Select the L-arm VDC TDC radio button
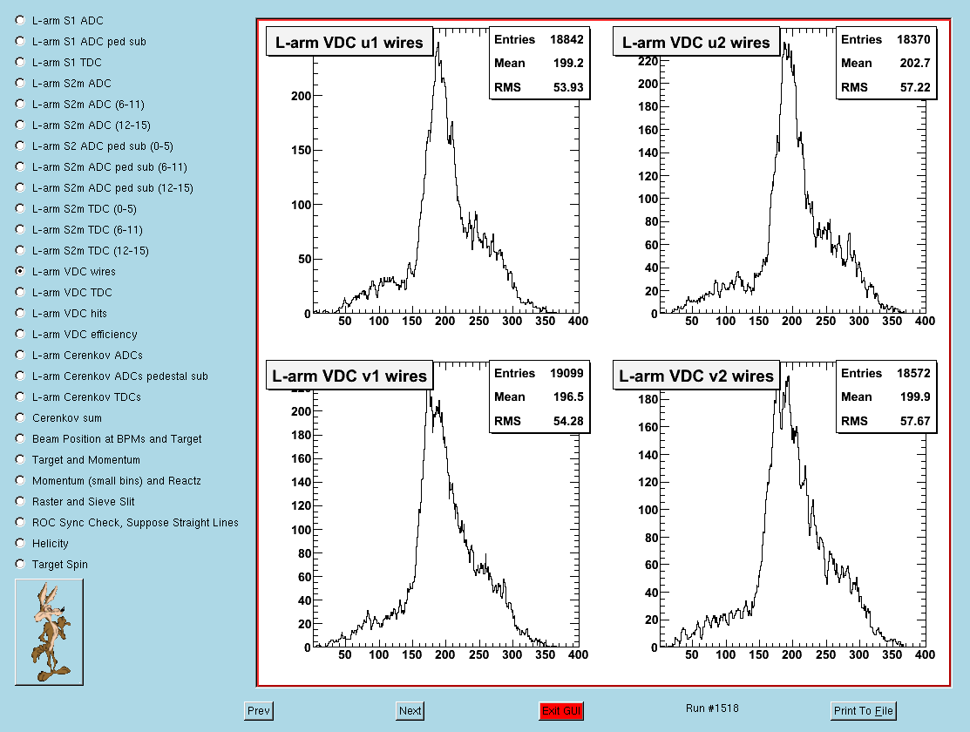tap(20, 292)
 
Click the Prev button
tap(259, 710)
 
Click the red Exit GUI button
tap(561, 710)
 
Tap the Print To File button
tap(863, 710)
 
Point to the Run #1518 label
tap(712, 708)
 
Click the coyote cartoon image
tap(50, 632)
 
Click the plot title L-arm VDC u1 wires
tap(349, 42)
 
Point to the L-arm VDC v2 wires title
tap(696, 376)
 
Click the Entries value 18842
tap(566, 39)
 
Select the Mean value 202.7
tap(915, 63)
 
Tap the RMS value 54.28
tap(568, 421)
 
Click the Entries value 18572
tap(913, 373)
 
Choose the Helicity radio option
tap(20, 543)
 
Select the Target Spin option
tap(20, 564)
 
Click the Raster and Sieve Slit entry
tap(83, 501)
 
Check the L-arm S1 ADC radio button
tap(20, 20)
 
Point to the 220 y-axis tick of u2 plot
tap(648, 61)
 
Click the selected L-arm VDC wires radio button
tap(20, 271)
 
